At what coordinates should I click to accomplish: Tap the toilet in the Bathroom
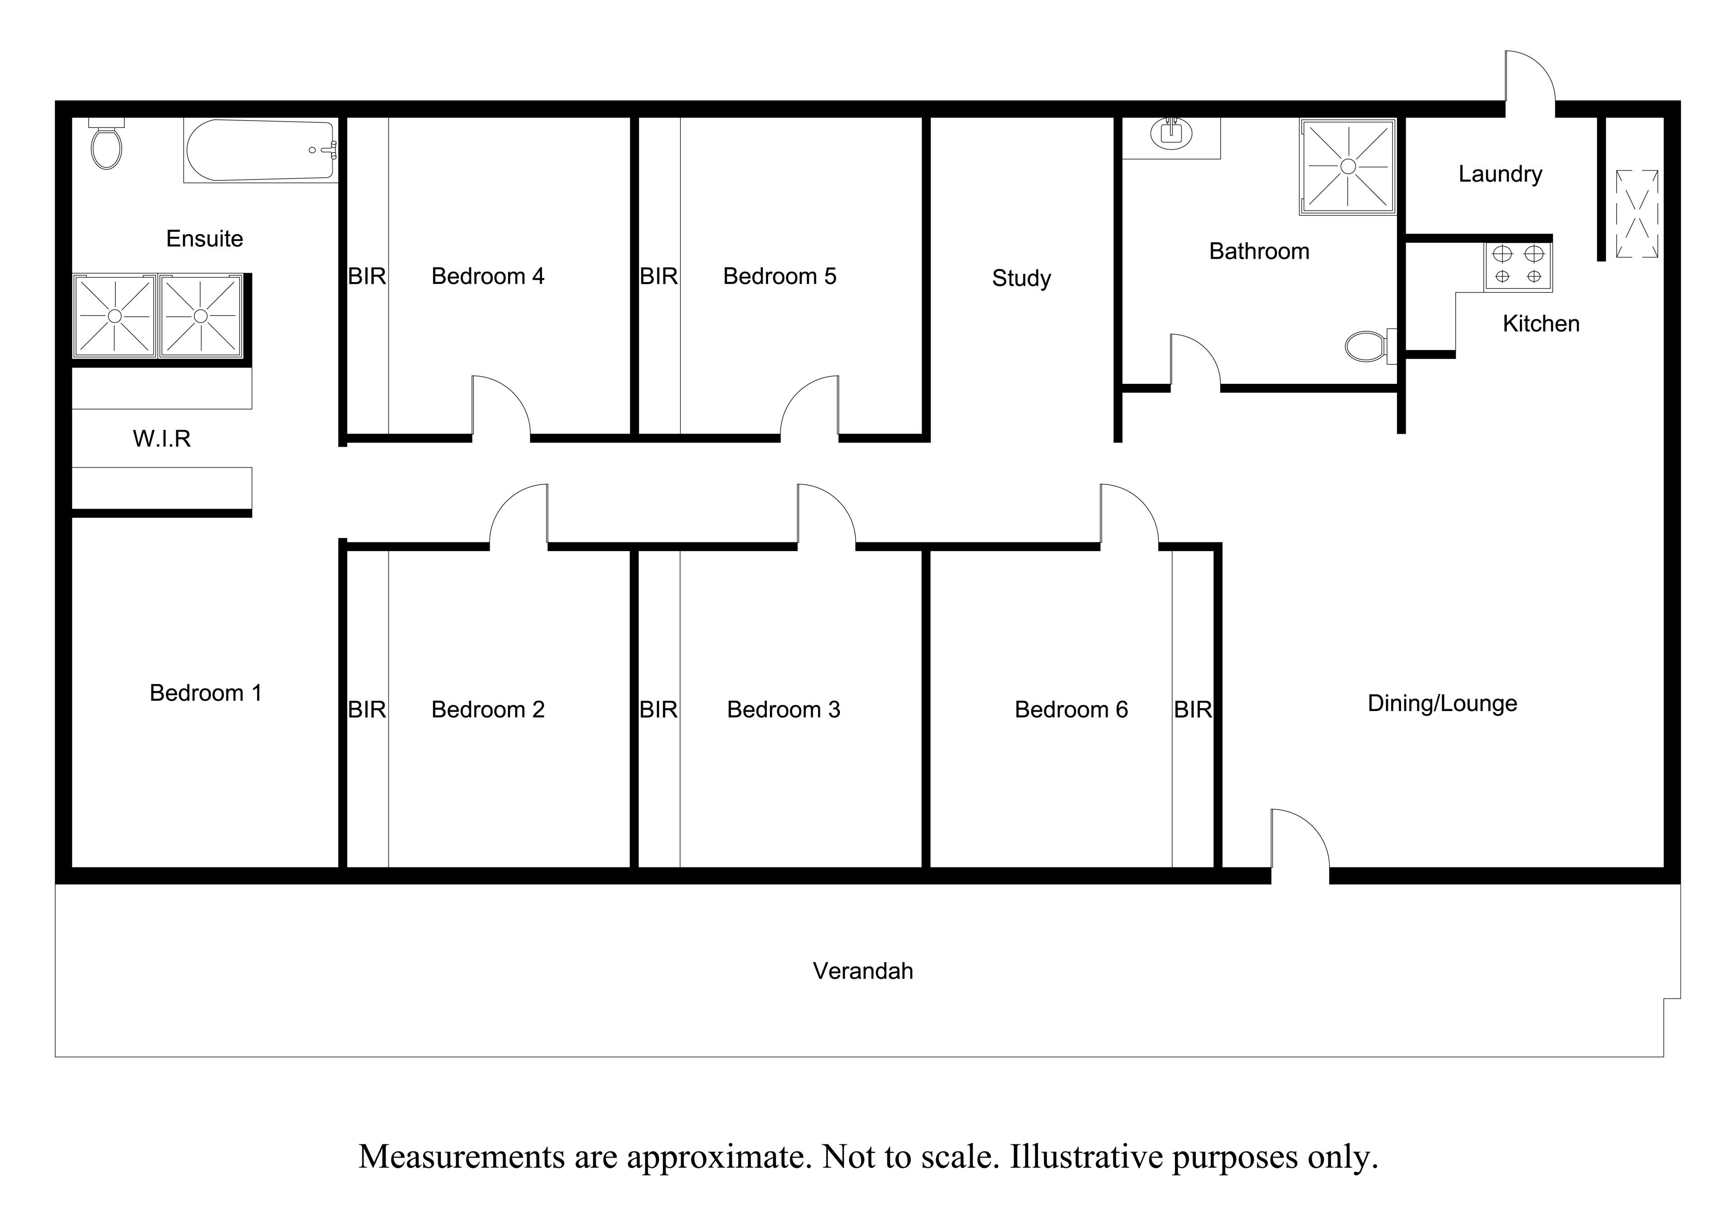tap(1371, 346)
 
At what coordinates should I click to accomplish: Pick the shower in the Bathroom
tap(1347, 166)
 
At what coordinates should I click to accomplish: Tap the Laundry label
tap(1500, 174)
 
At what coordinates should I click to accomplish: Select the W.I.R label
tap(162, 439)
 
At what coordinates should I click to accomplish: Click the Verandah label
tap(863, 971)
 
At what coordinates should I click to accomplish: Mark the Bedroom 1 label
tap(206, 693)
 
